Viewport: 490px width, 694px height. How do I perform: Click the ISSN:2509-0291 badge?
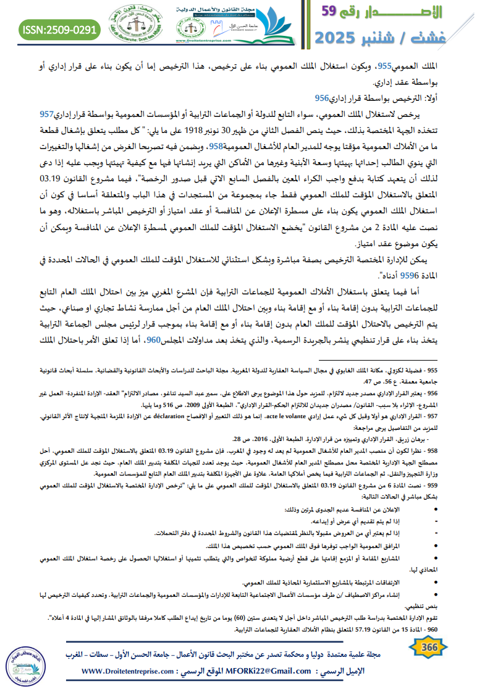tap(60, 29)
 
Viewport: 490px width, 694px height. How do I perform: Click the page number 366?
tap(428, 647)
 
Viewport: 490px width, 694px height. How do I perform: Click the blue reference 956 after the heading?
tap(321, 98)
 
